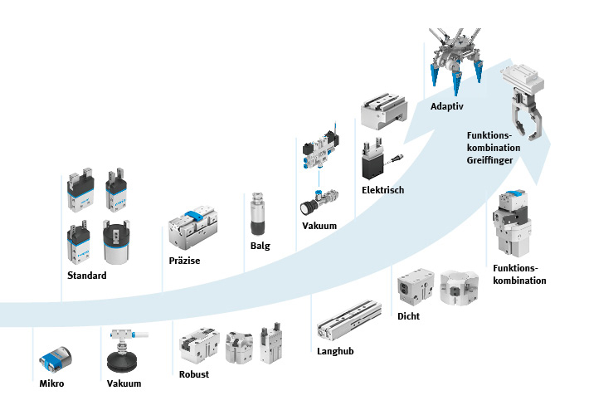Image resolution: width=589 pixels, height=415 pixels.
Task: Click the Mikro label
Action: [51, 383]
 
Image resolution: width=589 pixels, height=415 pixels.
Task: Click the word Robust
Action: [194, 374]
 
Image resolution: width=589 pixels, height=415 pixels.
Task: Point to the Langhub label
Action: [335, 351]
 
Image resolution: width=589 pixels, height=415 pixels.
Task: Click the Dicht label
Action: [409, 316]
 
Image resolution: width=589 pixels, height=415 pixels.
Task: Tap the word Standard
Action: [86, 276]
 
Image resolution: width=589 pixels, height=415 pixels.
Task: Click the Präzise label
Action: [184, 261]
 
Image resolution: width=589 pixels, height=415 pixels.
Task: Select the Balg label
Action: [260, 246]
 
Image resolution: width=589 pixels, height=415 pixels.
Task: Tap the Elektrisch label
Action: [382, 190]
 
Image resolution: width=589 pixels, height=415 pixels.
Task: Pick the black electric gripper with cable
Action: [372, 163]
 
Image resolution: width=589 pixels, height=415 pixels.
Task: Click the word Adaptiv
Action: [446, 107]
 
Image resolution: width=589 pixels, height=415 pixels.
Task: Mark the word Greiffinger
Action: [490, 160]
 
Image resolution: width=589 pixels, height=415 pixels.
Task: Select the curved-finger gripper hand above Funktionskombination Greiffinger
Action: [524, 108]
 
